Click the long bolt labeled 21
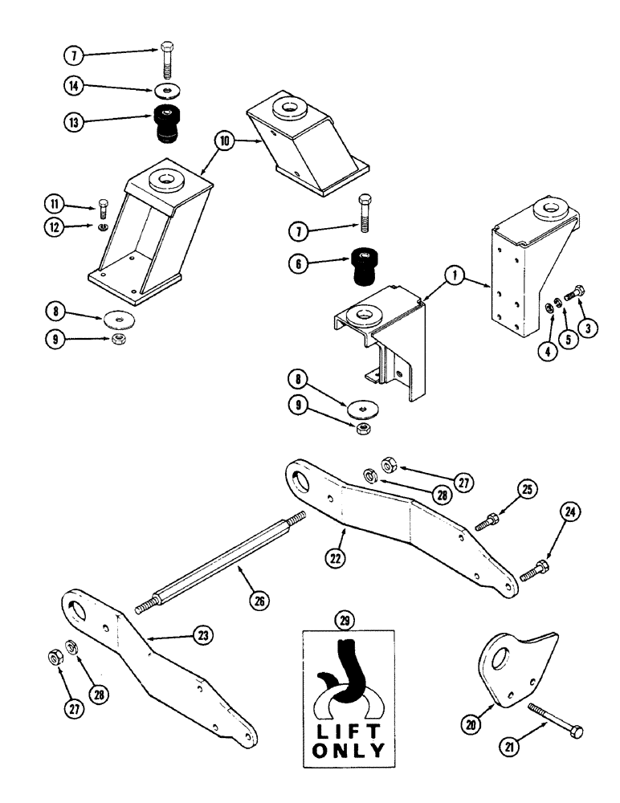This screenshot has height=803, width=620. coord(554,718)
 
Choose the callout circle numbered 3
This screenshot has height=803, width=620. coord(590,328)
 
